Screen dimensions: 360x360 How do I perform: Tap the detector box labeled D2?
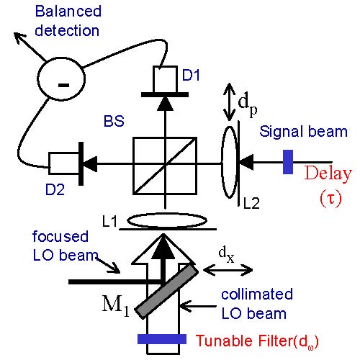pos(62,163)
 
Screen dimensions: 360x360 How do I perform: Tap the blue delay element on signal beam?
pos(287,161)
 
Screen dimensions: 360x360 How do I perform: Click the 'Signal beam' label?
pos(303,132)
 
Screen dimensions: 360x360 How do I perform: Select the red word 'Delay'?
pos(328,174)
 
